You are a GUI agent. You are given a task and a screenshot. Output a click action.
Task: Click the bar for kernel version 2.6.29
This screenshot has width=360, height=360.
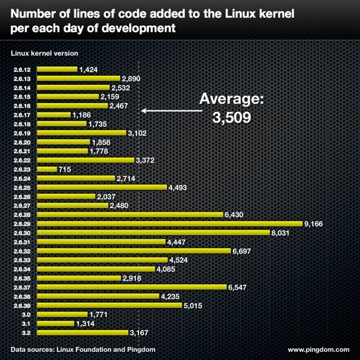(169, 223)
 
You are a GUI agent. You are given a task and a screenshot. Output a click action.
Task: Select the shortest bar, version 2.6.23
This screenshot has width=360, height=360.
(47, 169)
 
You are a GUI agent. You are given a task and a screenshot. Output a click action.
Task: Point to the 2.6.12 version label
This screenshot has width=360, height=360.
(22, 70)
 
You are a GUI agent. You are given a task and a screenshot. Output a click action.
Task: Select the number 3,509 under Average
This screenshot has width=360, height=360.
(232, 117)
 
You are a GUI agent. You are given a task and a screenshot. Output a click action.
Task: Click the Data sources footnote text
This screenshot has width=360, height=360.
(83, 350)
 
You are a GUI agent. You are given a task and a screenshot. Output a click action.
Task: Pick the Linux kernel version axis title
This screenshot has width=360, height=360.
(45, 54)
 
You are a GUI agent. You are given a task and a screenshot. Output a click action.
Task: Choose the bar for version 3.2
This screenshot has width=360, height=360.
(82, 332)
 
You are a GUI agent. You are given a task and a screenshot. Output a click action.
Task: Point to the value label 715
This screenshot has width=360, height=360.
(66, 169)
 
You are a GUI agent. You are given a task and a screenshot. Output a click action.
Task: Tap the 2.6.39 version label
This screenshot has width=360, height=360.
(22, 305)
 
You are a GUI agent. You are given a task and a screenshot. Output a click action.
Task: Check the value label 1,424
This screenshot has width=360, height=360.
(89, 70)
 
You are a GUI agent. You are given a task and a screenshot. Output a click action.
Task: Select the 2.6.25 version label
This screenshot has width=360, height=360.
(22, 187)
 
